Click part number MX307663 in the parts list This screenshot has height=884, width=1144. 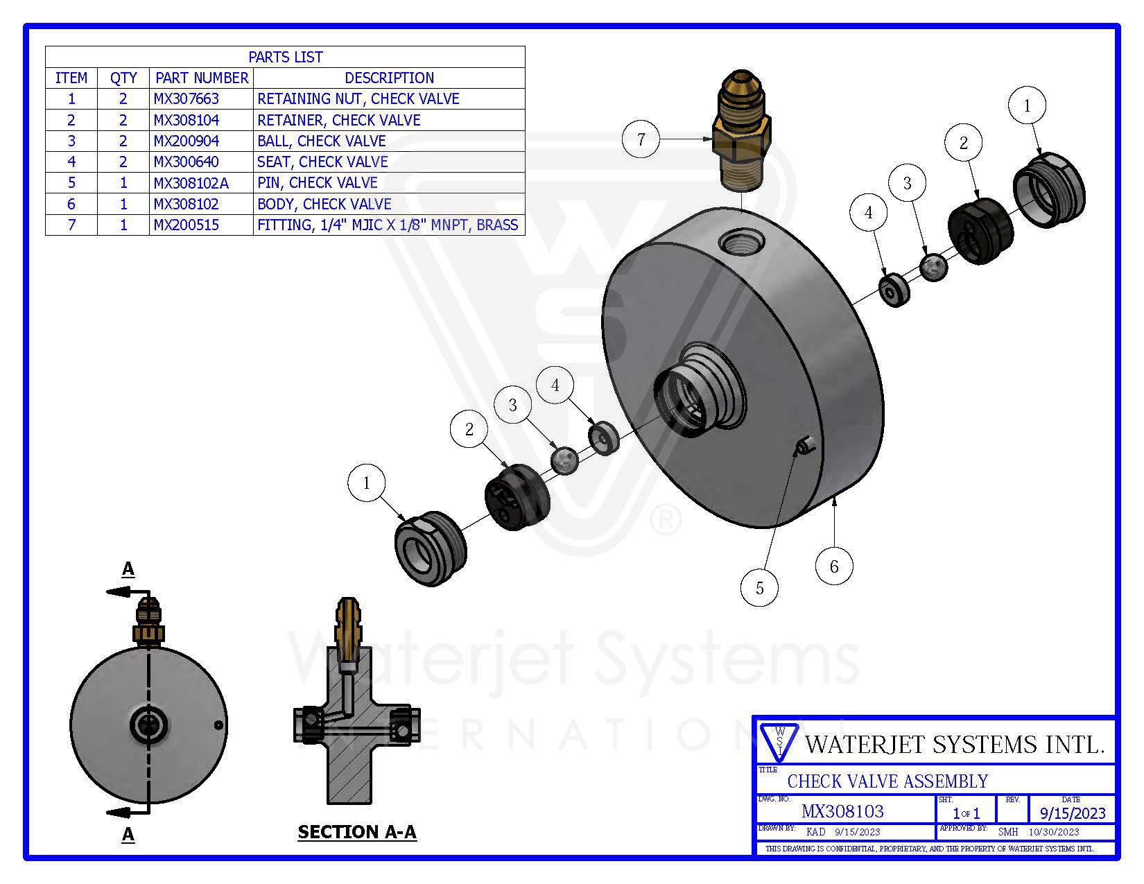[186, 99]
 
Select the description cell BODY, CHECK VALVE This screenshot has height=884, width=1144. [324, 204]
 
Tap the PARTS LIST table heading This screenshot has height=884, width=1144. [285, 57]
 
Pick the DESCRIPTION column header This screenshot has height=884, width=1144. [389, 78]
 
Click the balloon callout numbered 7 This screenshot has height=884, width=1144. [641, 139]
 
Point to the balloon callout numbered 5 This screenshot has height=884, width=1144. [759, 588]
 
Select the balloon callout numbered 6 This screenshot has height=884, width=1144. [833, 566]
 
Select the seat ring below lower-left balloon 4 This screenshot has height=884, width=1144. [603, 438]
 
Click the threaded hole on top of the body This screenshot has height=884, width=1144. [741, 243]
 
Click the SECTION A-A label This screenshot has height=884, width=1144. [357, 831]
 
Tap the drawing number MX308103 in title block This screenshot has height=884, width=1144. [842, 811]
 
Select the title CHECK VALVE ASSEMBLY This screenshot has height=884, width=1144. [887, 781]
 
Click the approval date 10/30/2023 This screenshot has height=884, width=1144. [1054, 831]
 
